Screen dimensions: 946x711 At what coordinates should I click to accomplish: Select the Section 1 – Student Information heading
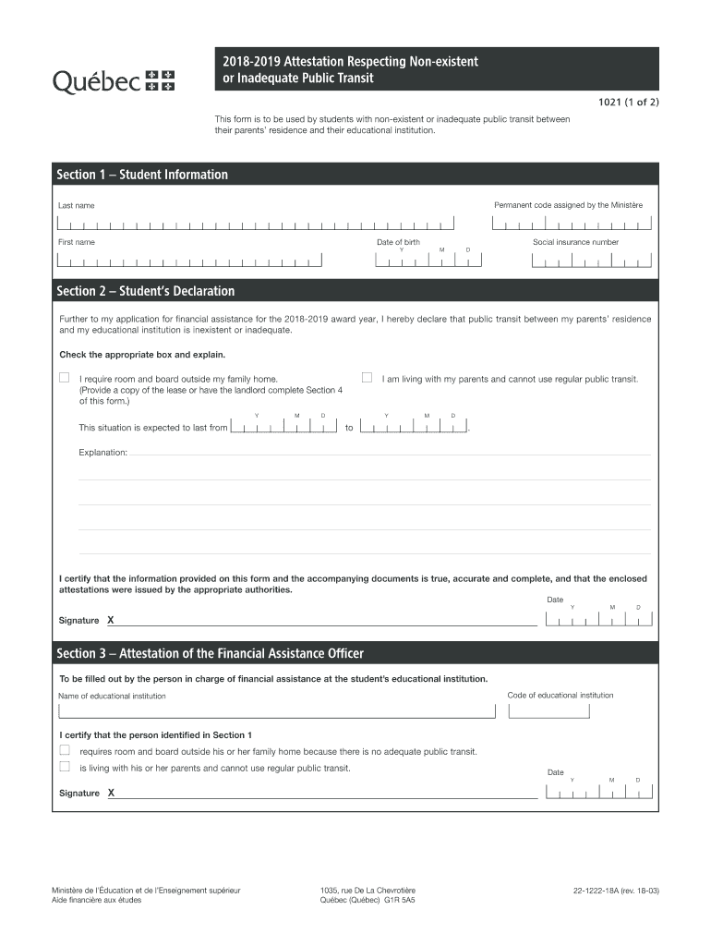142,175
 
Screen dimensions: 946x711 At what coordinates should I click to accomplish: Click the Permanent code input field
572,224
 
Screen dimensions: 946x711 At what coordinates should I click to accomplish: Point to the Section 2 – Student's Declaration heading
146,291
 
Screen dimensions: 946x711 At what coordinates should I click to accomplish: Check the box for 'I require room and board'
65,378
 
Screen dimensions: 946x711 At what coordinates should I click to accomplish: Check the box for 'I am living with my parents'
367,378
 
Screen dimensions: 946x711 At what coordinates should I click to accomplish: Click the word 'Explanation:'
102,454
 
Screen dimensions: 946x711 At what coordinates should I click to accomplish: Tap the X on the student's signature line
111,620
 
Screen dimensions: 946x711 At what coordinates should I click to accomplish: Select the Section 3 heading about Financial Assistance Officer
210,653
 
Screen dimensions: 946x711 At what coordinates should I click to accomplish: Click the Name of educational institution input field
276,710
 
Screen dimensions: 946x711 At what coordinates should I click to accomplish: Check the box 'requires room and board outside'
65,750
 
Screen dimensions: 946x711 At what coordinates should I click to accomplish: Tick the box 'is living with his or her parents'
65,767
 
